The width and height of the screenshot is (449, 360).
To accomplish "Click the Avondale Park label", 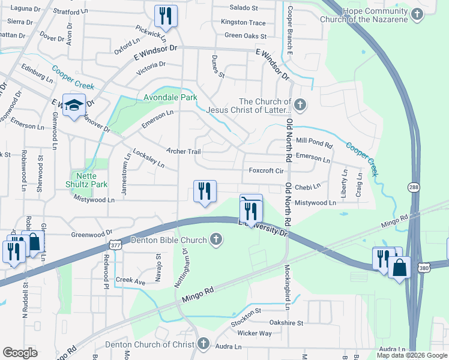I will [170, 97].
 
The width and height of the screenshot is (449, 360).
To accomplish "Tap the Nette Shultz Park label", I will [86, 179].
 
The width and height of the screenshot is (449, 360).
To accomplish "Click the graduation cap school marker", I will [74, 106].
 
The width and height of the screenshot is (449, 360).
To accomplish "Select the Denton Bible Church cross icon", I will [217, 240].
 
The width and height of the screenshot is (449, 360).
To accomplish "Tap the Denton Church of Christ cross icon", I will [203, 344].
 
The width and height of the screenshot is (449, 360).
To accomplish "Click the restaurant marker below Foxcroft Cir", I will [205, 191].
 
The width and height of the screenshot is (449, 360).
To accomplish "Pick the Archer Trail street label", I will [184, 151].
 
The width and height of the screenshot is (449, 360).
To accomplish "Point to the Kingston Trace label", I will [243, 22].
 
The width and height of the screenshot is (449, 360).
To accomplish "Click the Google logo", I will [20, 353].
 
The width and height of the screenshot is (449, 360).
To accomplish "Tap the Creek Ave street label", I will [131, 281].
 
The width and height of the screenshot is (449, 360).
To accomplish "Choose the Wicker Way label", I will [255, 333].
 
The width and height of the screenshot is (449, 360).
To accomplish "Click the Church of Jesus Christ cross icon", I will [301, 106].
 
